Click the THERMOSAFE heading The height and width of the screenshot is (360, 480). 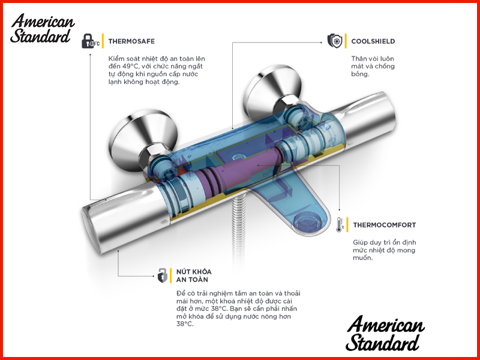[x=131, y=41]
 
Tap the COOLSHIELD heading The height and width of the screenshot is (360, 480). [x=373, y=41]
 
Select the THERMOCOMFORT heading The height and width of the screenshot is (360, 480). [x=385, y=225]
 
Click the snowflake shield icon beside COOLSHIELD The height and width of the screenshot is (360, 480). [x=335, y=41]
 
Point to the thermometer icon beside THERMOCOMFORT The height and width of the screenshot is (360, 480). [x=340, y=225]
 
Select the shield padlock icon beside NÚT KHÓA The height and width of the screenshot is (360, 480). [x=162, y=275]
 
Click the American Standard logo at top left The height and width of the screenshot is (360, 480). [x=42, y=28]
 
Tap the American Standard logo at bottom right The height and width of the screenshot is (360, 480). [x=385, y=333]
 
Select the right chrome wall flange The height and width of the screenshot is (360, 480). [x=272, y=91]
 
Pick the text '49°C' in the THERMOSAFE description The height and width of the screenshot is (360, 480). [x=131, y=67]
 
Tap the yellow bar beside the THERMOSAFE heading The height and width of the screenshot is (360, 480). [x=103, y=41]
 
